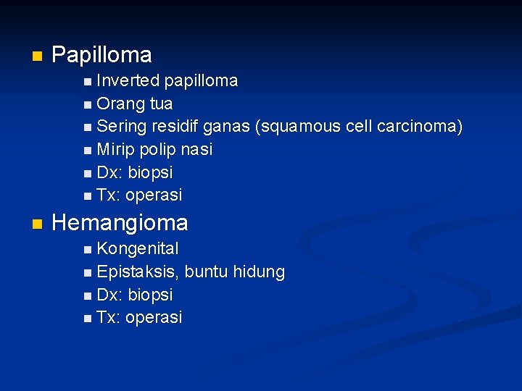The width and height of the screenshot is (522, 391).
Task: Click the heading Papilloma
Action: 102,55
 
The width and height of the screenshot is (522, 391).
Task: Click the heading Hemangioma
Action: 120,223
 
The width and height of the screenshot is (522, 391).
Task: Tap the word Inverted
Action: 128,80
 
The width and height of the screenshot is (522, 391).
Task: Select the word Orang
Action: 120,104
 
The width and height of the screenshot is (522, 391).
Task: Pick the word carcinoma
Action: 418,127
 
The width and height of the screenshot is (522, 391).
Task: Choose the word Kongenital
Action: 138,249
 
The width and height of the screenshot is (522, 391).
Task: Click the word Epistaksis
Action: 138,272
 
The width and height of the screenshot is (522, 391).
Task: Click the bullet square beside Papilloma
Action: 36,56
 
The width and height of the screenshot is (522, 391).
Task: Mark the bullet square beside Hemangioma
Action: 36,224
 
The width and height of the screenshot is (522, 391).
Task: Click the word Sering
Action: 121,127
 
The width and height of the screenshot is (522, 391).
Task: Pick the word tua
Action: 161,104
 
